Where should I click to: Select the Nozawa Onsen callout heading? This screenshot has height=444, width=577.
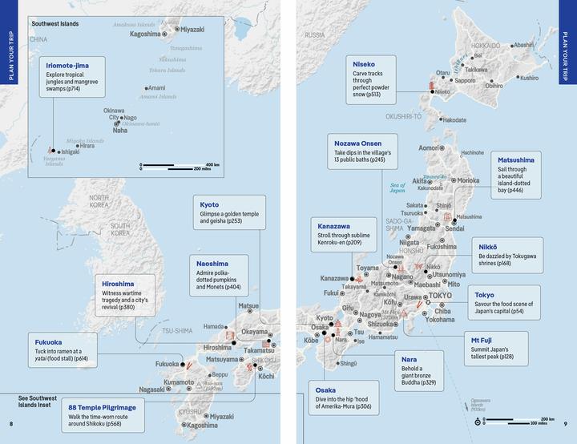point(361,141)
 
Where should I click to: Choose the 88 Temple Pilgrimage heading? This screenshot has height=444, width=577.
point(102,407)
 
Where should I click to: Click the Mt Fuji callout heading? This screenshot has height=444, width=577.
point(481,340)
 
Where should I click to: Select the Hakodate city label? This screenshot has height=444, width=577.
point(453,119)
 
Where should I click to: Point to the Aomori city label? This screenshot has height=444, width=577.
point(430,147)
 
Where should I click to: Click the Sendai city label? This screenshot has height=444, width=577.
point(454,228)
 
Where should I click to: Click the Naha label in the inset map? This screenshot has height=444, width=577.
point(120,131)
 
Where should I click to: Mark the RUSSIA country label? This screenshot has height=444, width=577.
point(314,35)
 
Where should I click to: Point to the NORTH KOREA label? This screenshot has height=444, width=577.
point(99,202)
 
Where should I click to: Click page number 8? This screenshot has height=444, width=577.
point(10,423)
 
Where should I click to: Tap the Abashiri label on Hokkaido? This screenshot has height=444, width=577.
point(524,46)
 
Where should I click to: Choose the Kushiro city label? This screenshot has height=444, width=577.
point(529,79)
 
